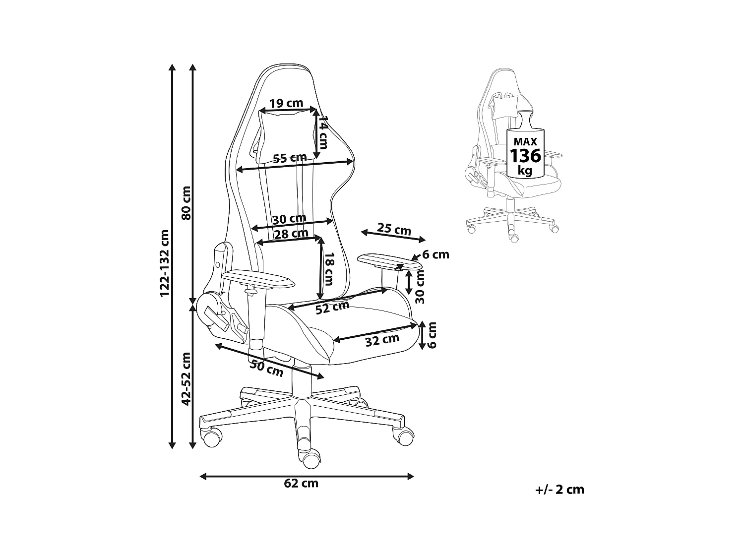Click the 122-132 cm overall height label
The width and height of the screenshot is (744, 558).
(x=165, y=263)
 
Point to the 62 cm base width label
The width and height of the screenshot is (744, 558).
(x=302, y=483)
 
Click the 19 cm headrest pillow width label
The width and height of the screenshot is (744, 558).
(x=286, y=103)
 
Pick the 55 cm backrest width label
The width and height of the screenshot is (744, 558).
(x=290, y=158)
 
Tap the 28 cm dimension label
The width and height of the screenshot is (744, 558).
(x=291, y=234)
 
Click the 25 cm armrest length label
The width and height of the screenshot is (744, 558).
(x=394, y=230)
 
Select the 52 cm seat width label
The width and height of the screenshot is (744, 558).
(x=332, y=308)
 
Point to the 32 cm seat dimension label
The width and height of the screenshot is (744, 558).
(x=382, y=340)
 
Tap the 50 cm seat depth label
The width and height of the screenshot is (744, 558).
(x=266, y=368)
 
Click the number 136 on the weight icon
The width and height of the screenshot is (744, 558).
(x=526, y=156)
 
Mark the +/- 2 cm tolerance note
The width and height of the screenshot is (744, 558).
(x=559, y=490)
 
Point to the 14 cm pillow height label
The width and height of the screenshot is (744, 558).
(x=323, y=133)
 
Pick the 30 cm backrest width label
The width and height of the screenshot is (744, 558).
(x=289, y=218)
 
